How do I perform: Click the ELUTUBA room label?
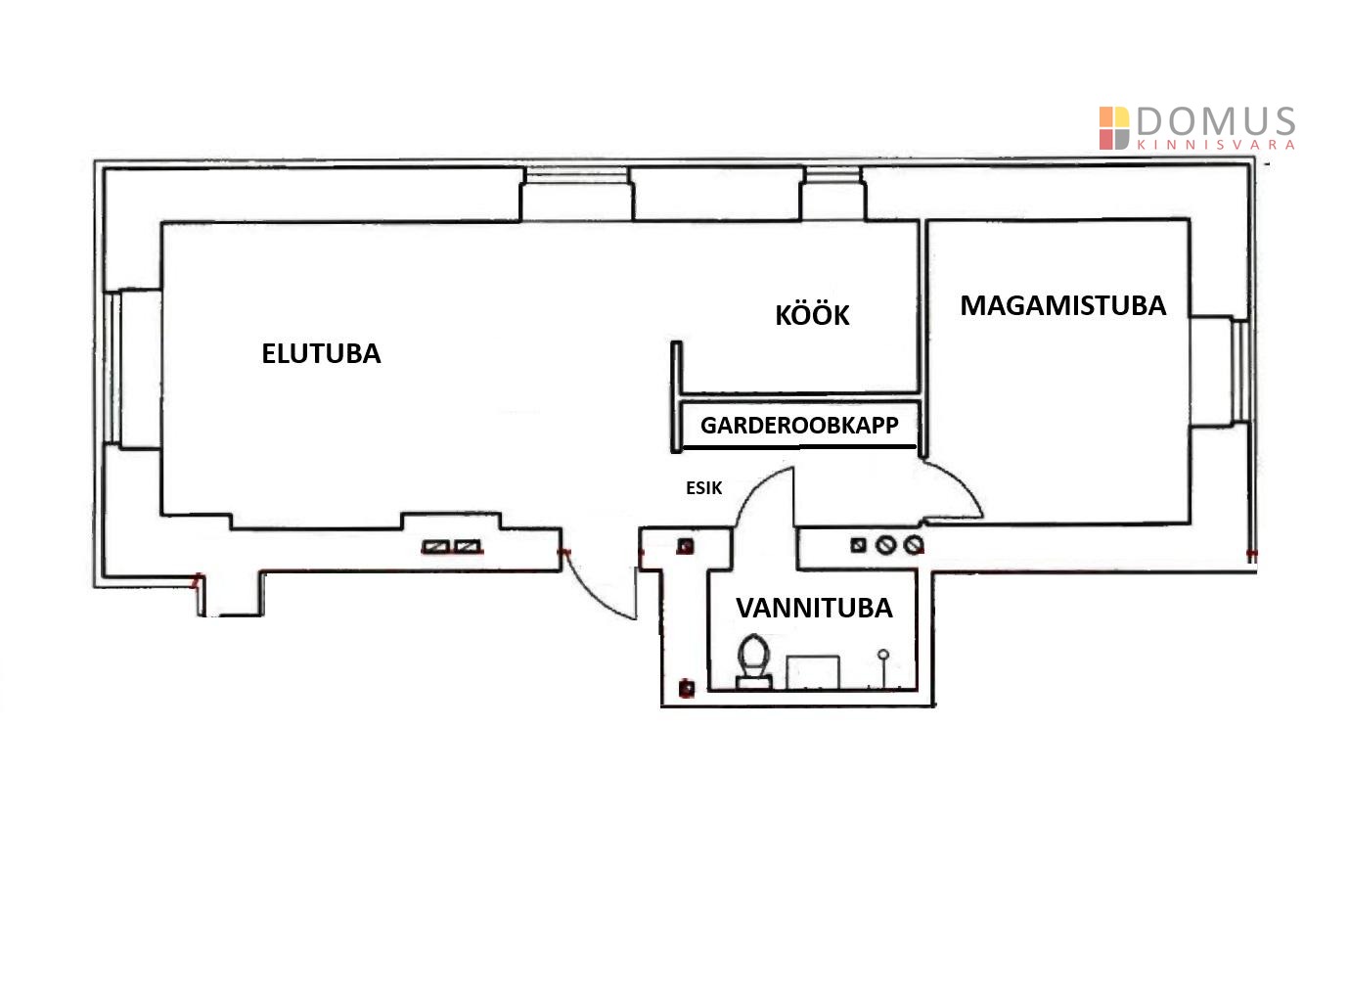click(321, 353)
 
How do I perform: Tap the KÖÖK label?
click(812, 316)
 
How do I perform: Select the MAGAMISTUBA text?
click(1062, 305)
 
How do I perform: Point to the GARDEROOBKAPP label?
click(798, 427)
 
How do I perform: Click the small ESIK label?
click(703, 487)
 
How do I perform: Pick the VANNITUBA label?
click(814, 608)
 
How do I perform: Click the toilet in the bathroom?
click(753, 660)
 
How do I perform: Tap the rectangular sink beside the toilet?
click(813, 671)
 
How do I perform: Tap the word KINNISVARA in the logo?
click(1216, 145)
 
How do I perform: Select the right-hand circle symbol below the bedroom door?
click(914, 544)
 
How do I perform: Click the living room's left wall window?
click(112, 368)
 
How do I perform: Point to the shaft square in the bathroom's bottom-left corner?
click(687, 688)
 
